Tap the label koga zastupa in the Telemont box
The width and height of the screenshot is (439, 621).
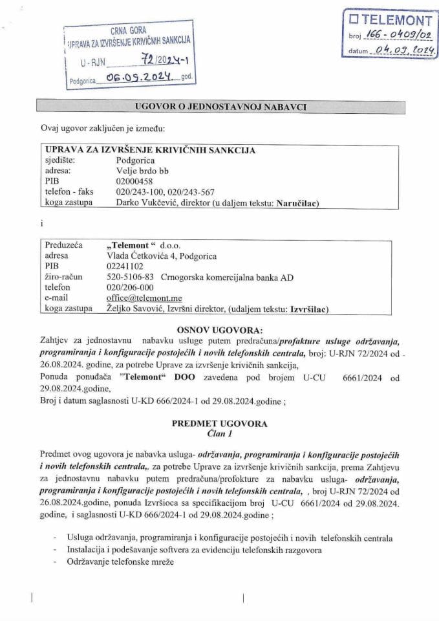coord(69,309)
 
